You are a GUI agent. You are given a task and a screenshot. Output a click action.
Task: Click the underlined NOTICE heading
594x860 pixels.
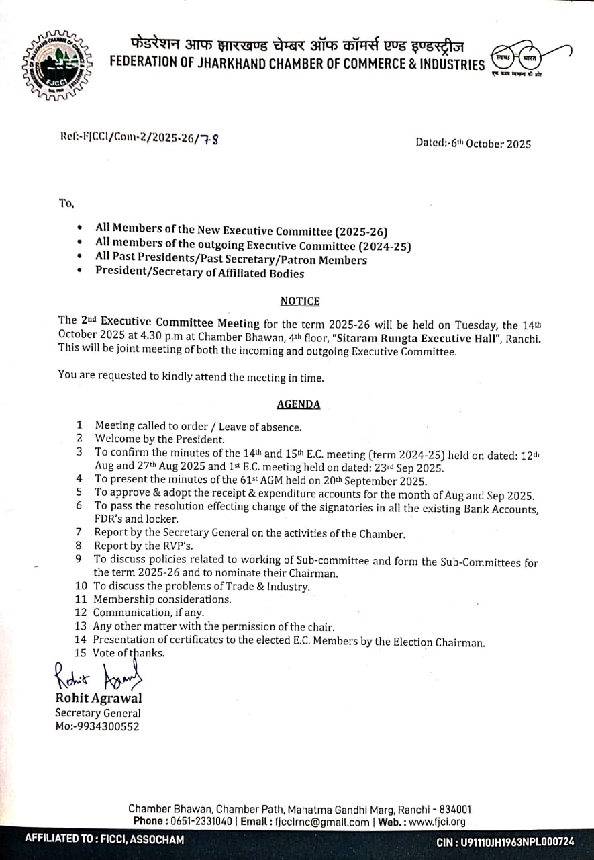pyautogui.click(x=300, y=301)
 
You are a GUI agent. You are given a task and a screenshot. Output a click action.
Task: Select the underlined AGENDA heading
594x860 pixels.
pyautogui.click(x=298, y=404)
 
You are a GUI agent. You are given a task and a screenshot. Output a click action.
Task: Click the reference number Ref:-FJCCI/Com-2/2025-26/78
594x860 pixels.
pyautogui.click(x=140, y=138)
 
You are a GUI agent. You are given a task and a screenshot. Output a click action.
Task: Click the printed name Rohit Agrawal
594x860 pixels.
pyautogui.click(x=98, y=699)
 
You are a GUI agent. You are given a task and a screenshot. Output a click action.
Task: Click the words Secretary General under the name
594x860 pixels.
pyautogui.click(x=98, y=713)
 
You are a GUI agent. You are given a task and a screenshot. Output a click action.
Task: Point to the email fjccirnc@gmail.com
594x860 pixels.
pyautogui.click(x=323, y=822)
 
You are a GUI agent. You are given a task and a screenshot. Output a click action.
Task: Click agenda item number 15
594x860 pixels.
pyautogui.click(x=81, y=652)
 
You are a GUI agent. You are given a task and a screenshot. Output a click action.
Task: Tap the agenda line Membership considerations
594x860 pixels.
pyautogui.click(x=162, y=599)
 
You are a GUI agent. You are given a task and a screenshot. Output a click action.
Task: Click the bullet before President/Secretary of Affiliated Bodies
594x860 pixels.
pyautogui.click(x=81, y=273)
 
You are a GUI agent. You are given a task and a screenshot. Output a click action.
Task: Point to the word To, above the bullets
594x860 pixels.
pyautogui.click(x=66, y=203)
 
